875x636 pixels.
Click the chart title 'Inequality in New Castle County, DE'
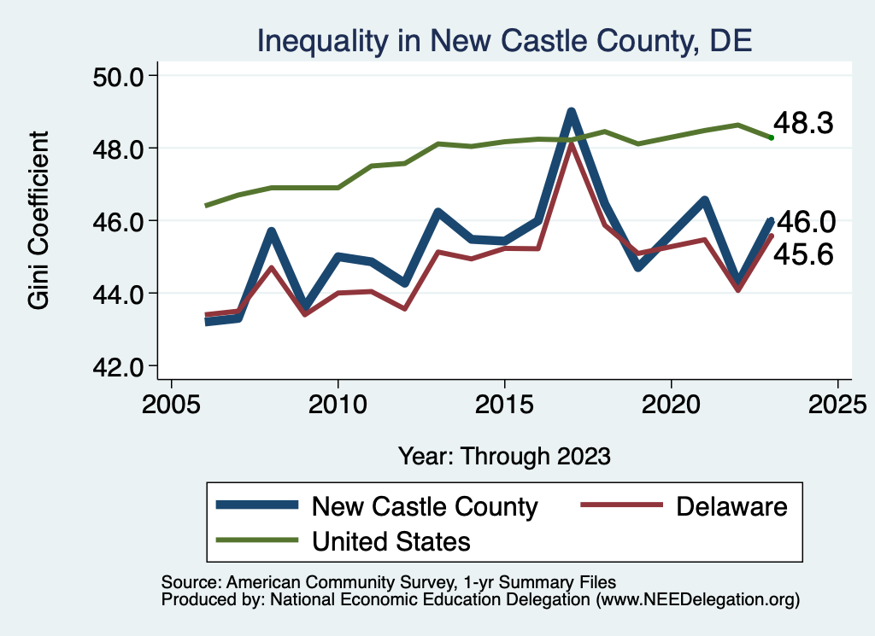[x=504, y=41]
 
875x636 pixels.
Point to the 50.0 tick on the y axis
[x=119, y=76]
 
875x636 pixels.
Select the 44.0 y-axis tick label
[x=119, y=294]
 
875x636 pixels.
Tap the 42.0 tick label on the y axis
[x=119, y=366]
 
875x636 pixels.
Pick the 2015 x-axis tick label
[x=505, y=401]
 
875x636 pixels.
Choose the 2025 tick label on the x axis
[x=837, y=401]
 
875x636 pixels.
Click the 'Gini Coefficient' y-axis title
[x=39, y=220]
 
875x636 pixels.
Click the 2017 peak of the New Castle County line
[x=571, y=113]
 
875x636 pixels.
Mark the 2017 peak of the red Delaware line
[x=571, y=144]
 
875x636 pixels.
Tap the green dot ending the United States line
[x=771, y=137]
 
